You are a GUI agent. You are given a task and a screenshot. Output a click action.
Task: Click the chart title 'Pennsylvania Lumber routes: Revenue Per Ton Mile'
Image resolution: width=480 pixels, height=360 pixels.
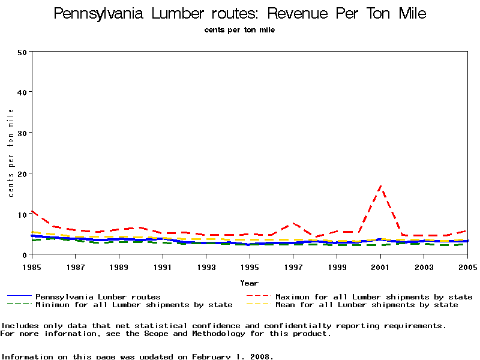coord(240,13)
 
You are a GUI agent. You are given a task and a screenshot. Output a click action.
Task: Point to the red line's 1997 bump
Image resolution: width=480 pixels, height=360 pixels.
coord(293,223)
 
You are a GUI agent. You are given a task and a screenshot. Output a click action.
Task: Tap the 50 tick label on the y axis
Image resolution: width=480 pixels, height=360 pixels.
coord(23,52)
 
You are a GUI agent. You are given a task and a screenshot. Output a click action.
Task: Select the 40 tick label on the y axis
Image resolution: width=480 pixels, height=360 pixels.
coord(23,92)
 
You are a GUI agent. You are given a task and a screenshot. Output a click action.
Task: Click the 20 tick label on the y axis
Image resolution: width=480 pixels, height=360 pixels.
coord(23,173)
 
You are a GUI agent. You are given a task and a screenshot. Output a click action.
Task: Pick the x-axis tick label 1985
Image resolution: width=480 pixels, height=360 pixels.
coord(31,266)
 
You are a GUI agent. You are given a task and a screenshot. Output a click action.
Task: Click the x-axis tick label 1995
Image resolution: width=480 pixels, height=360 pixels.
coord(250,266)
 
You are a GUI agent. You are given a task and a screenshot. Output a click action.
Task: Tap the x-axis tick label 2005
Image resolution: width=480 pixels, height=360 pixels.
coord(467,266)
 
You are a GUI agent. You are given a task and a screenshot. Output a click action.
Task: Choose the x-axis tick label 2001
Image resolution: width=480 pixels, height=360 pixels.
coord(380,266)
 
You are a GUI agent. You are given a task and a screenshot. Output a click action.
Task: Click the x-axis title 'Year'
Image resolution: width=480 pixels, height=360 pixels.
coord(250,283)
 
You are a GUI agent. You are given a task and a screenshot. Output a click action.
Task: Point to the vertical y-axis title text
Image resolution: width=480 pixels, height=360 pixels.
coord(11,153)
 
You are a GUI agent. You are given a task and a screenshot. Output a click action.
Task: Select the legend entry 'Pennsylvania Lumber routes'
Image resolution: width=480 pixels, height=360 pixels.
coord(98,296)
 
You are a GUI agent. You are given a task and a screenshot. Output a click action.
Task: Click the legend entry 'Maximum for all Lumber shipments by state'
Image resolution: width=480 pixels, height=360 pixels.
coord(374,296)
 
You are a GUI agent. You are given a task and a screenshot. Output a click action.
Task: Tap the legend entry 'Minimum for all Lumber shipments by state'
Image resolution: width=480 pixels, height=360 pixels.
coord(134,305)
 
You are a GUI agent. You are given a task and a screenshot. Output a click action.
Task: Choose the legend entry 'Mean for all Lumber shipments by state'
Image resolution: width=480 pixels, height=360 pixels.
coord(367,305)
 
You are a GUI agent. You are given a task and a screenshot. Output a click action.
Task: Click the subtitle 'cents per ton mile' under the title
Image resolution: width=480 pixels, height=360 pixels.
coord(240,29)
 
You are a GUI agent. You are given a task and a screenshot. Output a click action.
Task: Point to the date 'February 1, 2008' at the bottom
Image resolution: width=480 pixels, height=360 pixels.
coord(233,356)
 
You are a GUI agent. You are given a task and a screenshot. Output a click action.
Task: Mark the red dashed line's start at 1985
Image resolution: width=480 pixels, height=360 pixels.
coord(32,211)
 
